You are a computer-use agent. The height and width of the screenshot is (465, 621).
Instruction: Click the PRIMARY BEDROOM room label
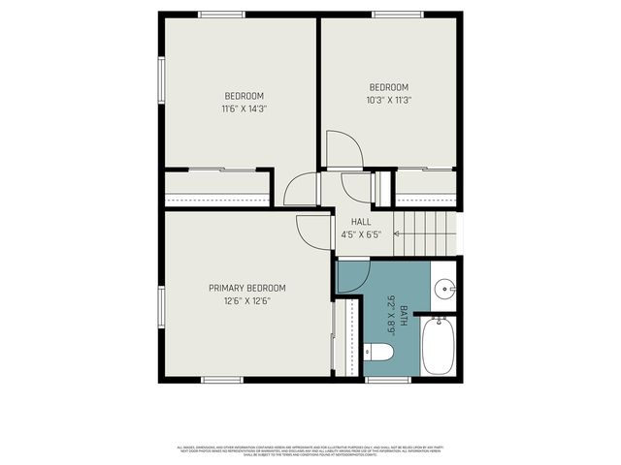click(x=246, y=288)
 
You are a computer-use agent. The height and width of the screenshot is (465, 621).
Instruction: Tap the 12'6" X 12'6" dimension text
click(x=246, y=300)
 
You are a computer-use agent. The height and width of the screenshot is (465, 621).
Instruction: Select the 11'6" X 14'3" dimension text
click(x=244, y=108)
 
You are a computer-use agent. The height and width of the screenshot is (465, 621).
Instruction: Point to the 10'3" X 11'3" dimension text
click(x=388, y=99)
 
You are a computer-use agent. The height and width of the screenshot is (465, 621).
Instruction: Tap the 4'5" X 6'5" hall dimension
click(x=360, y=234)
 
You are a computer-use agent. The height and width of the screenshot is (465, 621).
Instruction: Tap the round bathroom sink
click(x=444, y=288)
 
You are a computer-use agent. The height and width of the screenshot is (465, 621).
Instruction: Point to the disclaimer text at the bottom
click(x=310, y=449)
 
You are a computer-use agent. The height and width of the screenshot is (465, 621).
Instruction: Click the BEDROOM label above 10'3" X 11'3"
click(x=388, y=86)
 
